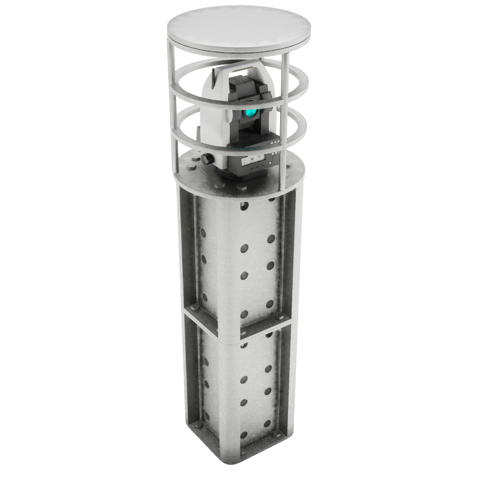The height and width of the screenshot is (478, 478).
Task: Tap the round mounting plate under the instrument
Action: [x=197, y=176]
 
